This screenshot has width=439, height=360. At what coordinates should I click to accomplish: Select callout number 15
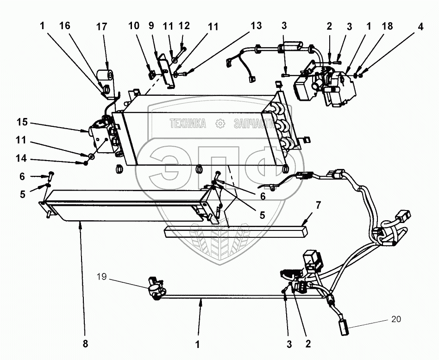(x=22, y=122)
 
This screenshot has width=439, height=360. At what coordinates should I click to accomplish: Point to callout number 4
(x=420, y=27)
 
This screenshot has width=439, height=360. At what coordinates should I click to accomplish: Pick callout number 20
(x=396, y=319)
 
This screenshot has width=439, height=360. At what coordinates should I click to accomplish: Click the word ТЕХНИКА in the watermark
(x=188, y=124)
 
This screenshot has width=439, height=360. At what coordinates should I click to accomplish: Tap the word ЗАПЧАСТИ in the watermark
(x=253, y=124)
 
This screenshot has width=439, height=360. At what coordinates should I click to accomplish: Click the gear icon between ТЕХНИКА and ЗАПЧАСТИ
(x=220, y=124)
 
